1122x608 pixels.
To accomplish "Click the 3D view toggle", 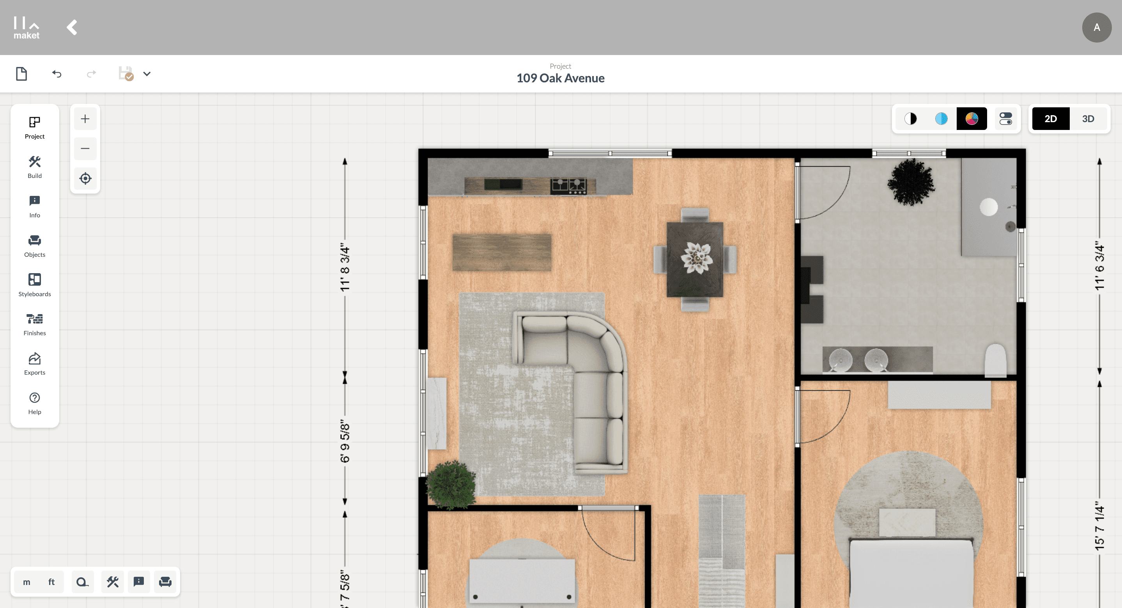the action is [x=1088, y=119].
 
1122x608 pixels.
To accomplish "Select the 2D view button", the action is [x=1051, y=119].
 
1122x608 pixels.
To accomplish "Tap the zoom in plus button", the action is [x=85, y=119].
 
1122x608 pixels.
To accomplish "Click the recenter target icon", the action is [x=85, y=178].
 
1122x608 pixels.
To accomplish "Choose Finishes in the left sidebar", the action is [x=34, y=324].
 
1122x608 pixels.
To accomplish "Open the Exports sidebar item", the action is [x=34, y=363].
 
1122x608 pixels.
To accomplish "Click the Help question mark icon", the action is [x=34, y=398].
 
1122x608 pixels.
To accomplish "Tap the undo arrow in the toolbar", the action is [x=57, y=74].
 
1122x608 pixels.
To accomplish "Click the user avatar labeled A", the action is [x=1097, y=27].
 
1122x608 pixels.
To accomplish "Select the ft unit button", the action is [x=51, y=582].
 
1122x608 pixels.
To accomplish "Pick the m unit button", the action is [x=27, y=582].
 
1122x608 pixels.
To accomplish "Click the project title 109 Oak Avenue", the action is [x=560, y=78].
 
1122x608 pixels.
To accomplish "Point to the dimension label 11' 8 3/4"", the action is [x=345, y=267].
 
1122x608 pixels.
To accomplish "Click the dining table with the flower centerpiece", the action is [x=695, y=260].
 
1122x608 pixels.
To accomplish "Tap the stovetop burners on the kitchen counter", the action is [x=568, y=186].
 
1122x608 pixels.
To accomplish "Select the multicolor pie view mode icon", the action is [x=971, y=119].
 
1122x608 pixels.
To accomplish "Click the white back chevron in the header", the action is [x=72, y=27].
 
